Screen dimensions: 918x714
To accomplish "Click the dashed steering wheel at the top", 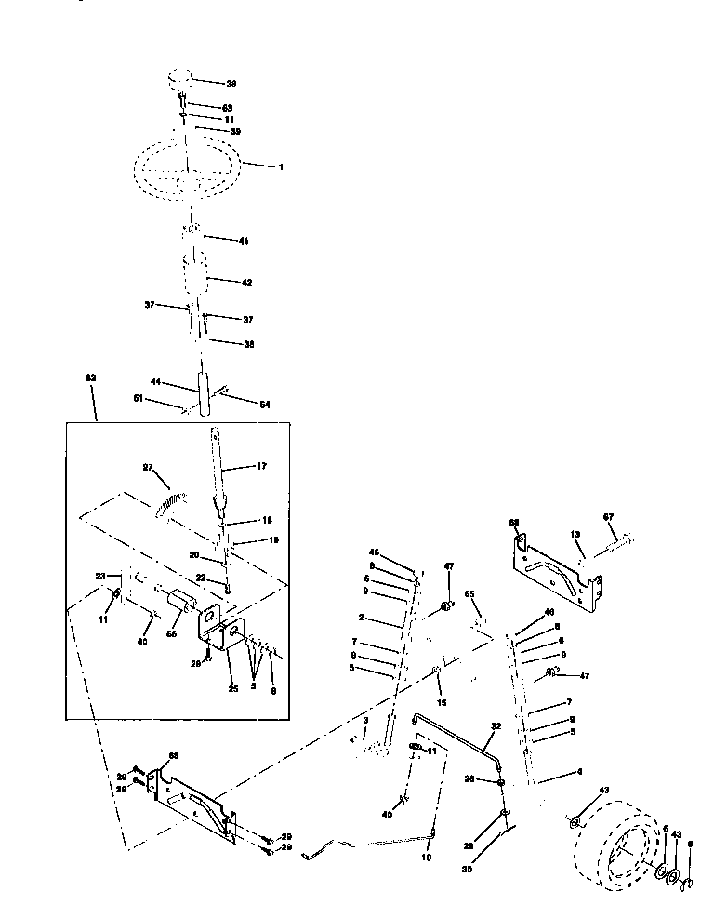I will [x=186, y=173].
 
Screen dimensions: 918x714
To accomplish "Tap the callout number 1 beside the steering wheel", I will [x=280, y=166].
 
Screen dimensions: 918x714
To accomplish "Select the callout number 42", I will [x=246, y=281].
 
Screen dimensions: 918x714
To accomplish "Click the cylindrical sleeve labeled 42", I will [x=197, y=277].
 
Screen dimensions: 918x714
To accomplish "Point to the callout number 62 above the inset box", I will [x=90, y=379].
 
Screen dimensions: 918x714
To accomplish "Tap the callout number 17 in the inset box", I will [x=262, y=467].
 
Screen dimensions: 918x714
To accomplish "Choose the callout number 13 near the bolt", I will [x=575, y=535].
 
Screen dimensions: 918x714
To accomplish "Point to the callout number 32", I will [x=496, y=726].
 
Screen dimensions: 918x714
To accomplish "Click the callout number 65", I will [x=469, y=592].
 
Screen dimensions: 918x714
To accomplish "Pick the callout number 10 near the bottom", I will [x=427, y=858].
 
